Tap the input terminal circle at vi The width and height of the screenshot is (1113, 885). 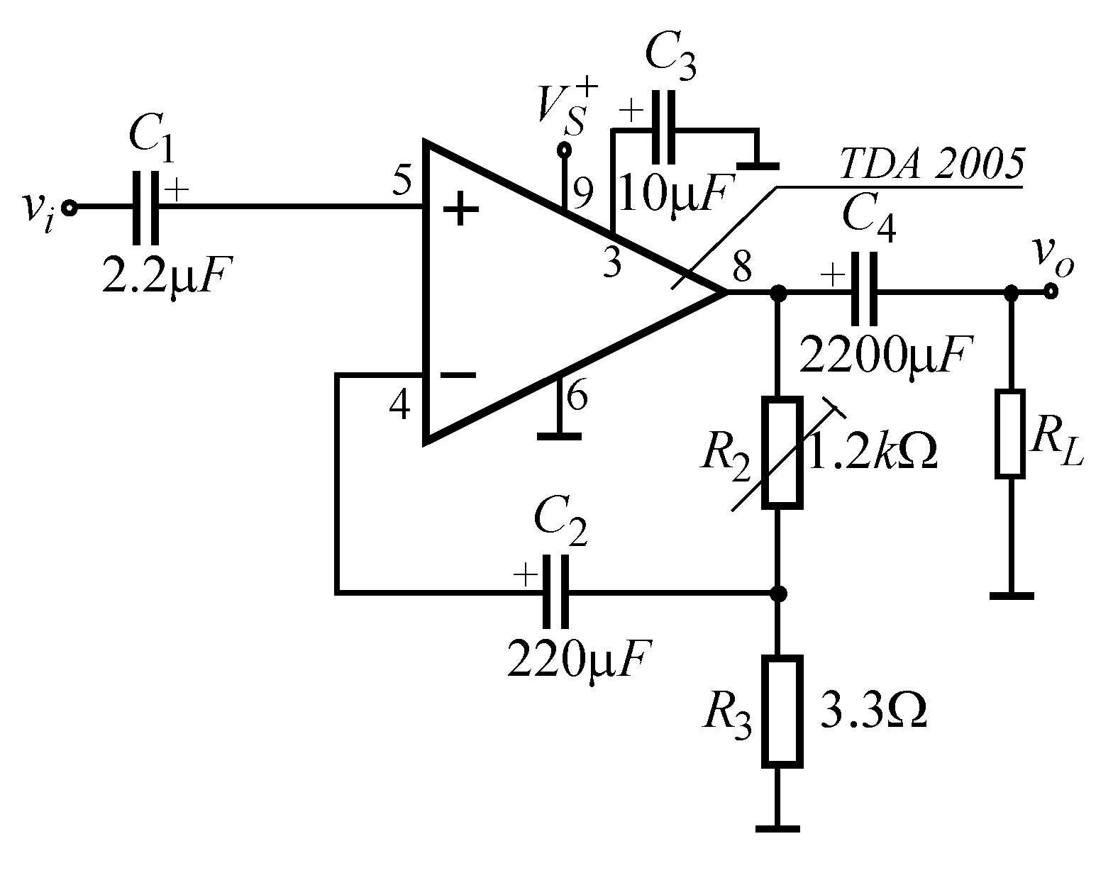(x=69, y=208)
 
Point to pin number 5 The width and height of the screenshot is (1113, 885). (x=402, y=182)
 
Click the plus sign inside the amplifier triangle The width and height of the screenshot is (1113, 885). (x=461, y=210)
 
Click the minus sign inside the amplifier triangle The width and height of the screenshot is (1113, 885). (x=458, y=376)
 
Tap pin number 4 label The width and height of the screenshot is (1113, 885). (x=400, y=406)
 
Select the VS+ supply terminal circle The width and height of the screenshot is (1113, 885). (x=565, y=150)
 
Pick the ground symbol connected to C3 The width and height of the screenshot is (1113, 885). (x=758, y=166)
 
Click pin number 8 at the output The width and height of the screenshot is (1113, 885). (x=741, y=268)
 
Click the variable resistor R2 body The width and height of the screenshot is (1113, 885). (x=782, y=452)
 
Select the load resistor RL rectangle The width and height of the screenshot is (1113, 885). (x=1010, y=433)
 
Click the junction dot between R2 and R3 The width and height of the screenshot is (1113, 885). (x=779, y=592)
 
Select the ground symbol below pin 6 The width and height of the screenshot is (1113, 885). (x=559, y=435)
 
